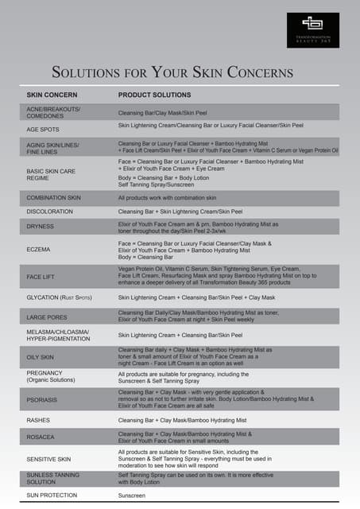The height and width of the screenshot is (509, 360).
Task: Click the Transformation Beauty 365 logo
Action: (x=312, y=29)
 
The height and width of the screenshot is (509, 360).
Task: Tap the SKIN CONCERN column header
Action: (x=52, y=95)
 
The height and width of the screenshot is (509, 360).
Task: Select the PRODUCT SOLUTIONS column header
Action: (x=154, y=95)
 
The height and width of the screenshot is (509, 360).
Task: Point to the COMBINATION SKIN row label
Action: (x=54, y=197)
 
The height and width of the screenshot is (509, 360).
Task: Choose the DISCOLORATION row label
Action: (x=50, y=212)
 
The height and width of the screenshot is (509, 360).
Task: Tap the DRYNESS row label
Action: (x=40, y=227)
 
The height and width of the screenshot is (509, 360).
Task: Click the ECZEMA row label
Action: (x=38, y=249)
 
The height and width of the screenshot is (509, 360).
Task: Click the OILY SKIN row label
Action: (x=41, y=357)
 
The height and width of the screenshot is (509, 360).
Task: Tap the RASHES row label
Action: (x=38, y=420)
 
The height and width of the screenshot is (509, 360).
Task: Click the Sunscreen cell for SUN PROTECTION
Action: (x=132, y=495)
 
